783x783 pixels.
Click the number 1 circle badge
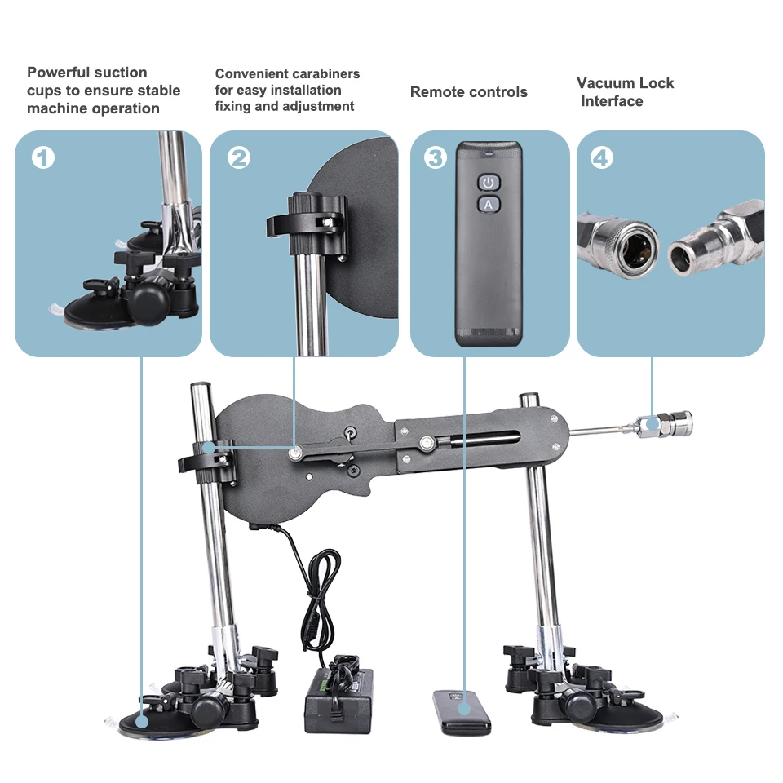click(43, 157)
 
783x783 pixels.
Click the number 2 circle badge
click(238, 157)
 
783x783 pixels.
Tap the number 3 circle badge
click(436, 157)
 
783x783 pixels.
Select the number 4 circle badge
click(601, 157)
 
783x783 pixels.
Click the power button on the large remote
click(488, 182)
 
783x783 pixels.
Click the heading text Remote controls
click(468, 92)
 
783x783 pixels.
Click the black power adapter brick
click(338, 701)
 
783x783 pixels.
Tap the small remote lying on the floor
click(461, 710)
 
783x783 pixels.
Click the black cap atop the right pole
click(528, 397)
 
